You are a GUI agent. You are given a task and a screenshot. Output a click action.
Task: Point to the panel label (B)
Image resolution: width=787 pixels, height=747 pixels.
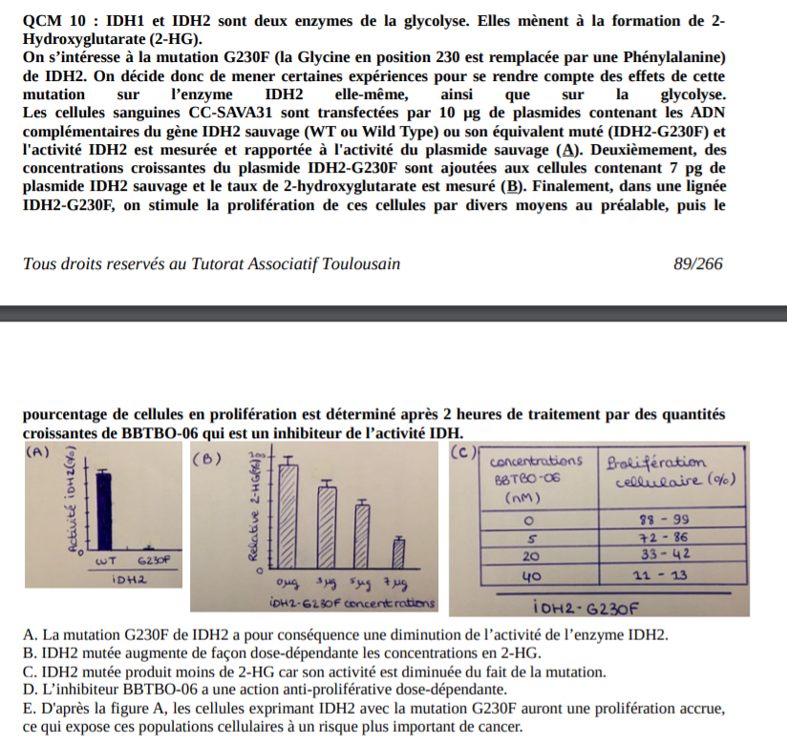click(207, 460)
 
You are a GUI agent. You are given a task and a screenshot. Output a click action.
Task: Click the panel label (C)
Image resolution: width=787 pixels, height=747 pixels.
click(463, 452)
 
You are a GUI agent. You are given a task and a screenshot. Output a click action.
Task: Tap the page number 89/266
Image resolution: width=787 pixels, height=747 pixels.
click(697, 263)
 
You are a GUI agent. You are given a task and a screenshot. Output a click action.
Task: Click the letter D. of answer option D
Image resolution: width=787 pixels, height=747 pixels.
click(29, 690)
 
